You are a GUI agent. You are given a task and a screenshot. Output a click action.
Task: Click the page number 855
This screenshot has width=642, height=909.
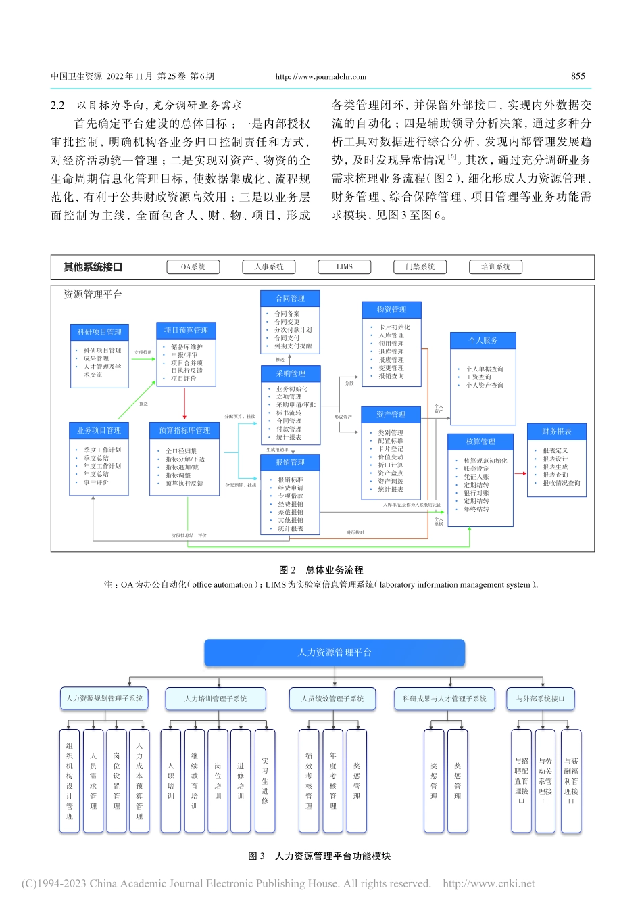tap(578, 76)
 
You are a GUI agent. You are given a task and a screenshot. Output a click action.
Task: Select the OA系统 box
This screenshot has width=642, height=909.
tap(193, 267)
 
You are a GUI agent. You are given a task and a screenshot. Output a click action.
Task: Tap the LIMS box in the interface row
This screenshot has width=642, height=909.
tap(345, 267)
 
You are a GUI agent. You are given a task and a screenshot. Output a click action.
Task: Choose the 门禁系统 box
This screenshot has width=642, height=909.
tap(420, 267)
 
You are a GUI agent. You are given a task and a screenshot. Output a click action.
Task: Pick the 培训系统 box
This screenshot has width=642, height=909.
tap(496, 267)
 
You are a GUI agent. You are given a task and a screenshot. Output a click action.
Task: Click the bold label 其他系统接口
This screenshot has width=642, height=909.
tap(93, 267)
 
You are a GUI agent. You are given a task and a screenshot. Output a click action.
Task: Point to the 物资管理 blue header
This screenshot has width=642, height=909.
tap(392, 310)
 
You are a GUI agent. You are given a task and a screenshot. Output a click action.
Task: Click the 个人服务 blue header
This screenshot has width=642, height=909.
tap(483, 340)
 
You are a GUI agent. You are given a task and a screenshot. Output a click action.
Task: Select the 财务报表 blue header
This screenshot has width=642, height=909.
tap(557, 432)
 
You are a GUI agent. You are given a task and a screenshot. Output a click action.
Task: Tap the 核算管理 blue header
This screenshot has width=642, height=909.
tap(480, 442)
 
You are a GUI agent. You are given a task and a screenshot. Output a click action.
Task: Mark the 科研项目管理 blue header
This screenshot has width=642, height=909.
tap(99, 332)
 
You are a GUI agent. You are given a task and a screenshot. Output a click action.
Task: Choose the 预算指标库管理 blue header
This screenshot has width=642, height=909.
tap(184, 430)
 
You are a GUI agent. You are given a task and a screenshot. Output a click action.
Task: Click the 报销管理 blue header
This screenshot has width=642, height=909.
tap(290, 463)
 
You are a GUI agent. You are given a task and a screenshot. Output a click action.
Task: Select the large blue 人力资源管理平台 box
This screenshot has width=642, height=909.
tap(335, 653)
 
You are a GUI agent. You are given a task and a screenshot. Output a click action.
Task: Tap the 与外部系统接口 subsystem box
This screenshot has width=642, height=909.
tap(541, 699)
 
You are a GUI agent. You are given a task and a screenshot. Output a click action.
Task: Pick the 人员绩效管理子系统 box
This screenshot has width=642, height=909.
tap(332, 699)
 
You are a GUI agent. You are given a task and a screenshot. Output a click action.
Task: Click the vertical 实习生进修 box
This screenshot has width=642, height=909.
tap(265, 780)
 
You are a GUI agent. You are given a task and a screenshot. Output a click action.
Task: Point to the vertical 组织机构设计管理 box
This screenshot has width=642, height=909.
tap(70, 780)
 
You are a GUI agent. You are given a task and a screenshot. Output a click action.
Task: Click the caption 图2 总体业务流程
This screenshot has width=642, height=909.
tap(321, 570)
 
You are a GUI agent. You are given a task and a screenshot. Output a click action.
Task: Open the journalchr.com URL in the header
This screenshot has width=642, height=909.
tap(321, 77)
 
